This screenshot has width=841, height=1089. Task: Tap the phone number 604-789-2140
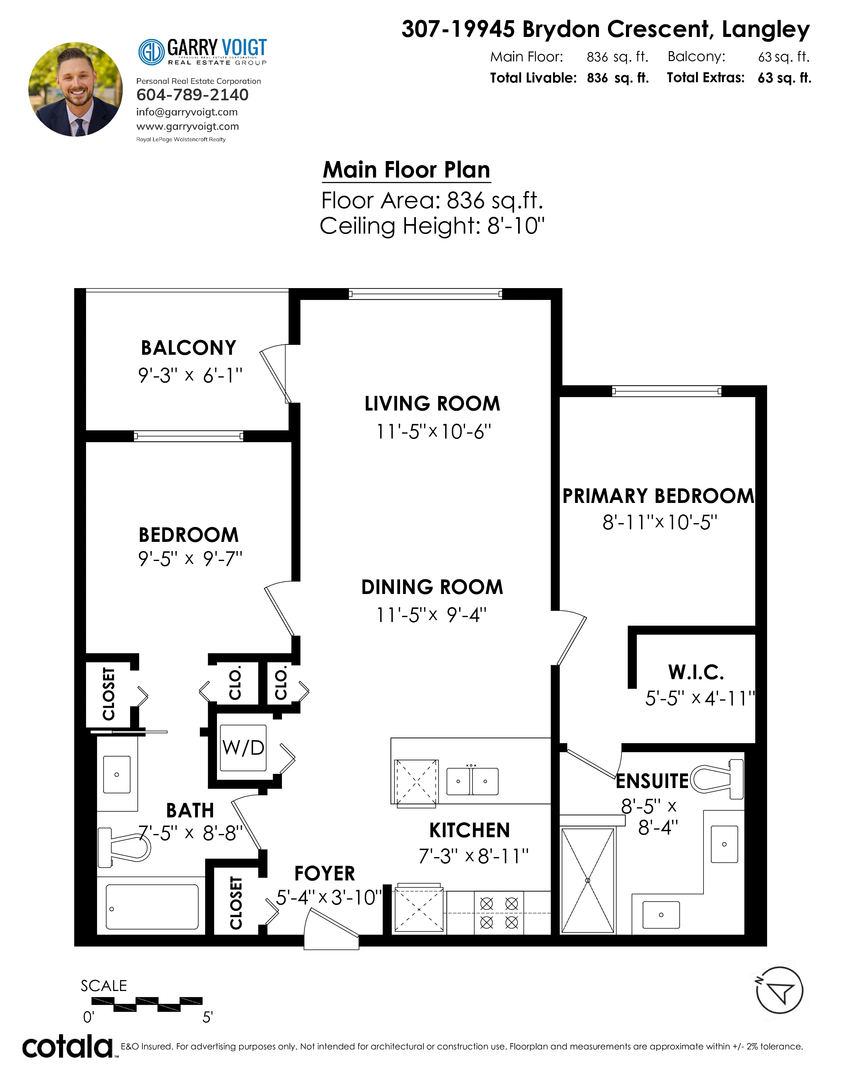[192, 95]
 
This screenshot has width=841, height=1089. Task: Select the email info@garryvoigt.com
[187, 112]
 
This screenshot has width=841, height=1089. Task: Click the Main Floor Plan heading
[407, 170]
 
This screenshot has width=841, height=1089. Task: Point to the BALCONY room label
[189, 348]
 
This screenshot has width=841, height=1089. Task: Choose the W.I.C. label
[696, 672]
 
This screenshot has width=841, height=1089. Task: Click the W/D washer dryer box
[243, 747]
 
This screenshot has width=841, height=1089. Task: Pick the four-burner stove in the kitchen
[499, 912]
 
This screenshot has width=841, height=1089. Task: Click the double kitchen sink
[472, 781]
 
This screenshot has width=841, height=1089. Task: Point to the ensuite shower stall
[588, 880]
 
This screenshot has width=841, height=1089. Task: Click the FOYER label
[325, 874]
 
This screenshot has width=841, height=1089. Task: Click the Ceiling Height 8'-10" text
[432, 226]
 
